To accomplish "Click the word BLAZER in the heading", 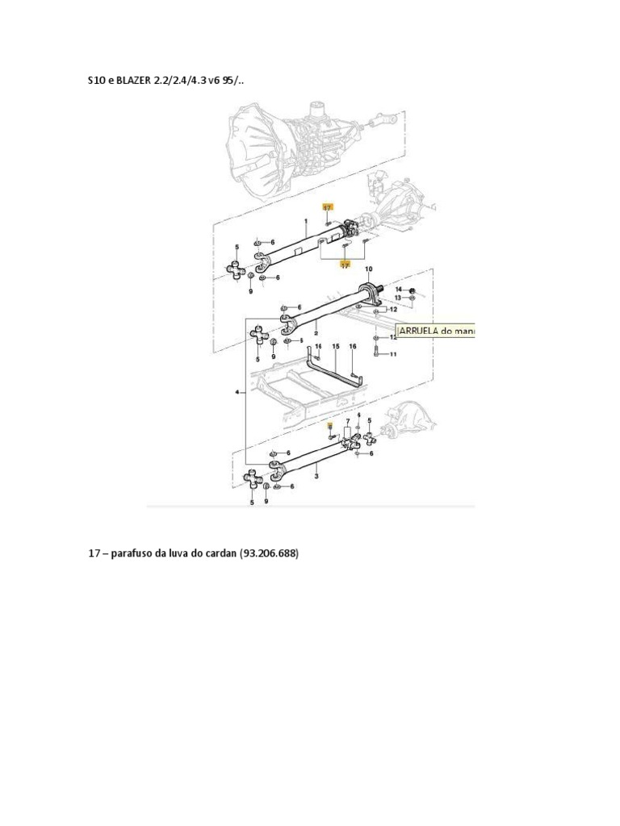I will (x=133, y=81).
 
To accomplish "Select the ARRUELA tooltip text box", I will (x=437, y=331).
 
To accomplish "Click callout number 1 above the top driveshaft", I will (x=307, y=220).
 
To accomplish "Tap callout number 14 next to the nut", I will (x=398, y=289).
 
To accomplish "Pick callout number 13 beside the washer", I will (x=398, y=298).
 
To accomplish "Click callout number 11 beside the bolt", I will (x=393, y=354).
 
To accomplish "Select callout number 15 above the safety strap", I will (x=335, y=346).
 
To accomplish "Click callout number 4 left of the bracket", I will (x=237, y=392).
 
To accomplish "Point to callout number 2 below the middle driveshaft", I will (x=316, y=332).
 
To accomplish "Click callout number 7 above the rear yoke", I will (x=348, y=421).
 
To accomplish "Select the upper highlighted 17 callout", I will (x=327, y=207).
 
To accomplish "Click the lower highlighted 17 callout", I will (x=345, y=264).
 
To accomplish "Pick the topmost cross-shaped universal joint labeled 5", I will (x=235, y=269).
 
